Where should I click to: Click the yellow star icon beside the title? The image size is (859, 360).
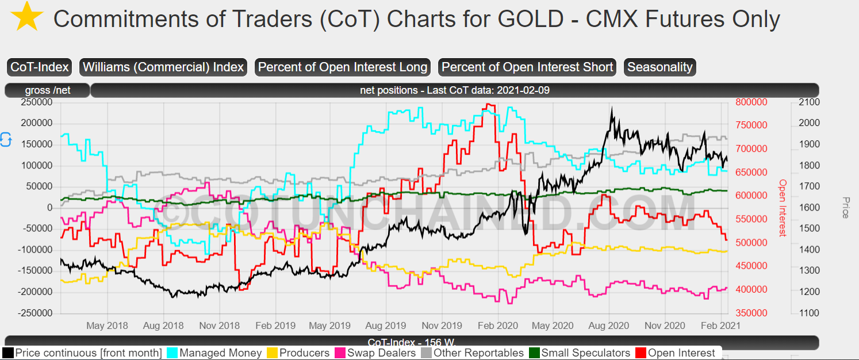[x=27, y=17]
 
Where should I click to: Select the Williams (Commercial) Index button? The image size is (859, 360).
[x=163, y=67]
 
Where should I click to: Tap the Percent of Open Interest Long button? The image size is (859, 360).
[x=343, y=67]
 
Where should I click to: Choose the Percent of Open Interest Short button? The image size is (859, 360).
[x=527, y=67]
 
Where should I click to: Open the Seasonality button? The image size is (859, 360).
[x=659, y=67]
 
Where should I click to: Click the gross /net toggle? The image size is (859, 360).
[x=48, y=90]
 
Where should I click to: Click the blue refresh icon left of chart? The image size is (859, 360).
[x=6, y=140]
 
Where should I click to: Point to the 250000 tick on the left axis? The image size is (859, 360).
[x=36, y=102]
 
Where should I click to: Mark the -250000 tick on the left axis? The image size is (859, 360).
[x=35, y=313]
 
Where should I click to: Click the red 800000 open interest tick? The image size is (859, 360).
[x=751, y=102]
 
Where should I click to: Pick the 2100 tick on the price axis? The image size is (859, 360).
[x=809, y=102]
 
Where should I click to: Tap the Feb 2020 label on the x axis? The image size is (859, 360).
[x=498, y=326]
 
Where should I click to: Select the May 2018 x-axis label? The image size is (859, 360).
[x=107, y=326]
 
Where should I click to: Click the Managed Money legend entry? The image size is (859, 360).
[x=215, y=353]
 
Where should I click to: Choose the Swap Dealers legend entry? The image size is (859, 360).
[x=375, y=353]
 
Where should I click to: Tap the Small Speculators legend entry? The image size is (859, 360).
[x=580, y=353]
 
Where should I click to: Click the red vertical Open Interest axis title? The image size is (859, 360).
[x=783, y=208]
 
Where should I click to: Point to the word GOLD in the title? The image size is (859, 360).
[x=531, y=19]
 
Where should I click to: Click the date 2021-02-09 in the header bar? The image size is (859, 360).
[x=523, y=90]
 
